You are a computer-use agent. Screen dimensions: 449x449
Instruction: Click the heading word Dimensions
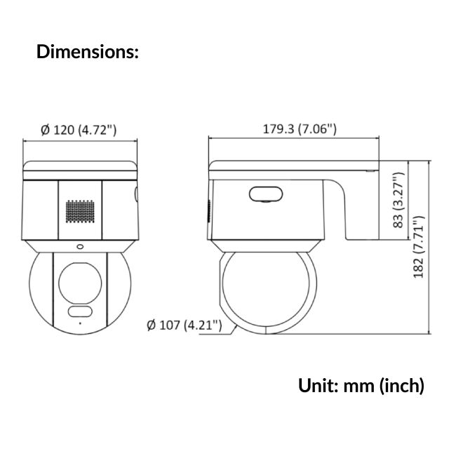click(x=87, y=52)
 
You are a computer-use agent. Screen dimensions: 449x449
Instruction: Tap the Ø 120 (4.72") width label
click(x=79, y=130)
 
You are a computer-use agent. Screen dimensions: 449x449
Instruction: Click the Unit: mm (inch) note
click(x=361, y=385)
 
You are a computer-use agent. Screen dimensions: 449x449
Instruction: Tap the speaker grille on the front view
click(x=80, y=210)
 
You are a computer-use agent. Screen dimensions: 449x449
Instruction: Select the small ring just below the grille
click(x=79, y=246)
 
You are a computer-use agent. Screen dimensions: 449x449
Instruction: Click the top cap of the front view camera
click(x=79, y=169)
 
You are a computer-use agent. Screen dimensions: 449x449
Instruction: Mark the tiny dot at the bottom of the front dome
click(x=79, y=323)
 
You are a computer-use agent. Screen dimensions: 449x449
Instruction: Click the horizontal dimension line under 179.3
click(x=295, y=140)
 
